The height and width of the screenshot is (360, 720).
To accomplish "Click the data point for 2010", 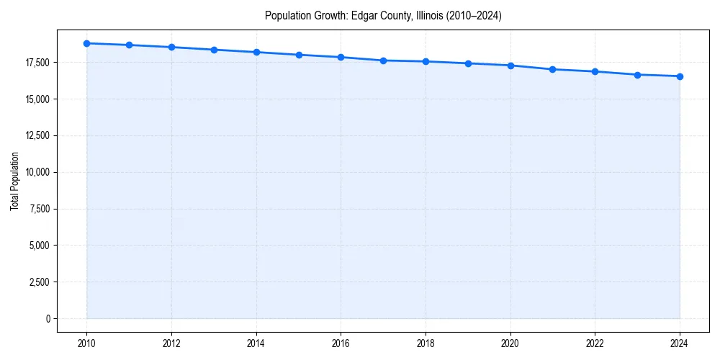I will (86, 43).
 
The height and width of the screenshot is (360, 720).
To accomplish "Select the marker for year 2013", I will (214, 50).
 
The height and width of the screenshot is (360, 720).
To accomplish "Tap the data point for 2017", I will (383, 60).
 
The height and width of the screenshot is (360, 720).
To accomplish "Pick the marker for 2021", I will (552, 69).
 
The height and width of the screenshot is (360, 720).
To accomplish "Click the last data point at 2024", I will (680, 76).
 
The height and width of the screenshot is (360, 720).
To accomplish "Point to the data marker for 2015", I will (299, 55).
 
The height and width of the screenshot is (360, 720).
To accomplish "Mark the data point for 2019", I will (468, 63).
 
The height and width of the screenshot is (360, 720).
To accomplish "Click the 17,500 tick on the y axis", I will (37, 63).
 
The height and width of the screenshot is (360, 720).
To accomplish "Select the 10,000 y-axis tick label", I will (37, 172).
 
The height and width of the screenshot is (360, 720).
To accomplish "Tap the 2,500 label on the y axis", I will (39, 282).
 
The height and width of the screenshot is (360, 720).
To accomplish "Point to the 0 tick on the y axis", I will (48, 319).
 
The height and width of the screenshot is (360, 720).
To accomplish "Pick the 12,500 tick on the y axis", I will (37, 135).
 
